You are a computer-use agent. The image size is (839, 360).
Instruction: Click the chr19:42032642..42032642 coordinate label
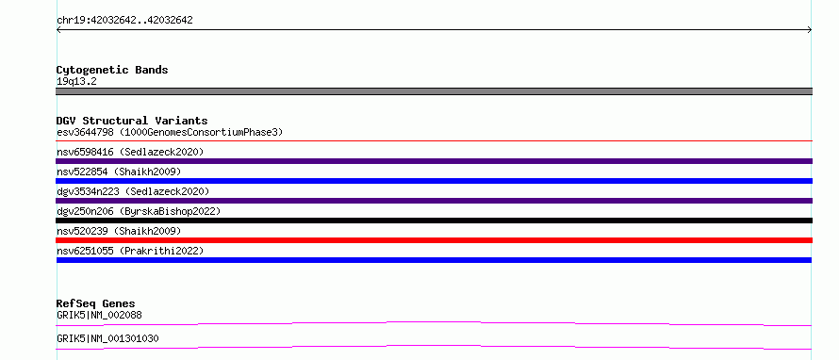pyautogui.click(x=124, y=21)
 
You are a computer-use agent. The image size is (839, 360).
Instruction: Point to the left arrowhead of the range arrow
pyautogui.click(x=58, y=30)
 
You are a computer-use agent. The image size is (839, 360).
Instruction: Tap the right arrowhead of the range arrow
pyautogui.click(x=810, y=30)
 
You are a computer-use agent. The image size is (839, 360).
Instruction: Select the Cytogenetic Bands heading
pyautogui.click(x=112, y=70)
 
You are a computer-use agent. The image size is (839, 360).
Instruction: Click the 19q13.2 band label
pyautogui.click(x=76, y=82)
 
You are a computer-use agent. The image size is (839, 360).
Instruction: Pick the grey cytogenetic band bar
pyautogui.click(x=434, y=91)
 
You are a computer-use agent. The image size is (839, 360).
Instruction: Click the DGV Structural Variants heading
pyautogui.click(x=132, y=121)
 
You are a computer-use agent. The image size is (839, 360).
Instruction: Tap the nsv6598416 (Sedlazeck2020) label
pyautogui.click(x=130, y=152)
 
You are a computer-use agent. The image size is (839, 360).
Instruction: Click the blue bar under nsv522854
pyautogui.click(x=434, y=181)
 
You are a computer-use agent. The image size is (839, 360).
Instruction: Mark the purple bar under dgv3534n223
pyautogui.click(x=434, y=201)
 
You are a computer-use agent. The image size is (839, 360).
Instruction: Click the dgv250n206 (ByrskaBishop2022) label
pyautogui.click(x=139, y=211)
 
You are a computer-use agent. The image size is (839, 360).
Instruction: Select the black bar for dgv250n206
pyautogui.click(x=434, y=221)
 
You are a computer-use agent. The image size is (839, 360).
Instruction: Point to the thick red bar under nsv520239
pyautogui.click(x=434, y=240)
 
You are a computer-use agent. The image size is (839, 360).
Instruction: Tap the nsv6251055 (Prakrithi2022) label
pyautogui.click(x=130, y=251)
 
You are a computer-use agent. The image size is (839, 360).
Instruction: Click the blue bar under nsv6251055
pyautogui.click(x=434, y=260)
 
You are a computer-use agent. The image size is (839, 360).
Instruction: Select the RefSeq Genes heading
pyautogui.click(x=96, y=303)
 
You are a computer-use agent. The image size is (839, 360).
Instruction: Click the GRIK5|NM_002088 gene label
pyautogui.click(x=99, y=315)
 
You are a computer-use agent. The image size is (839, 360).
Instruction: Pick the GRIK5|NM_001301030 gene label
pyautogui.click(x=107, y=338)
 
